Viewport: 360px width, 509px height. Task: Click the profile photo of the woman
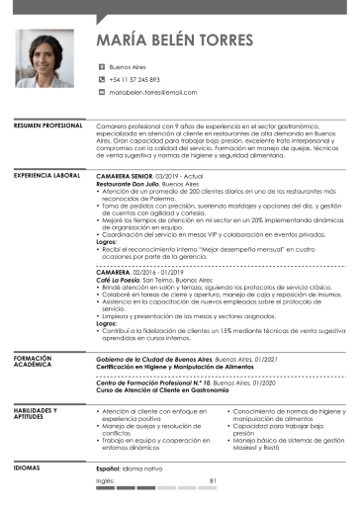click(x=43, y=57)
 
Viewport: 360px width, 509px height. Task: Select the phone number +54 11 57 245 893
click(x=135, y=79)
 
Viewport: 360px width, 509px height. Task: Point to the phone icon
click(x=100, y=79)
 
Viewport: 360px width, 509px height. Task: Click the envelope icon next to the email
click(x=100, y=91)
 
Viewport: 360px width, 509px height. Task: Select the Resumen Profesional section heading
click(x=47, y=127)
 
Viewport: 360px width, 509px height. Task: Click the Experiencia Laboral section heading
click(x=46, y=174)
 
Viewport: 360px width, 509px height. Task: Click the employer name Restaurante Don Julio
click(x=128, y=185)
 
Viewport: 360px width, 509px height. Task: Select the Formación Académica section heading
click(x=33, y=362)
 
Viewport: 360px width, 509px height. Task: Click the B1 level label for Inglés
click(x=213, y=479)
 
